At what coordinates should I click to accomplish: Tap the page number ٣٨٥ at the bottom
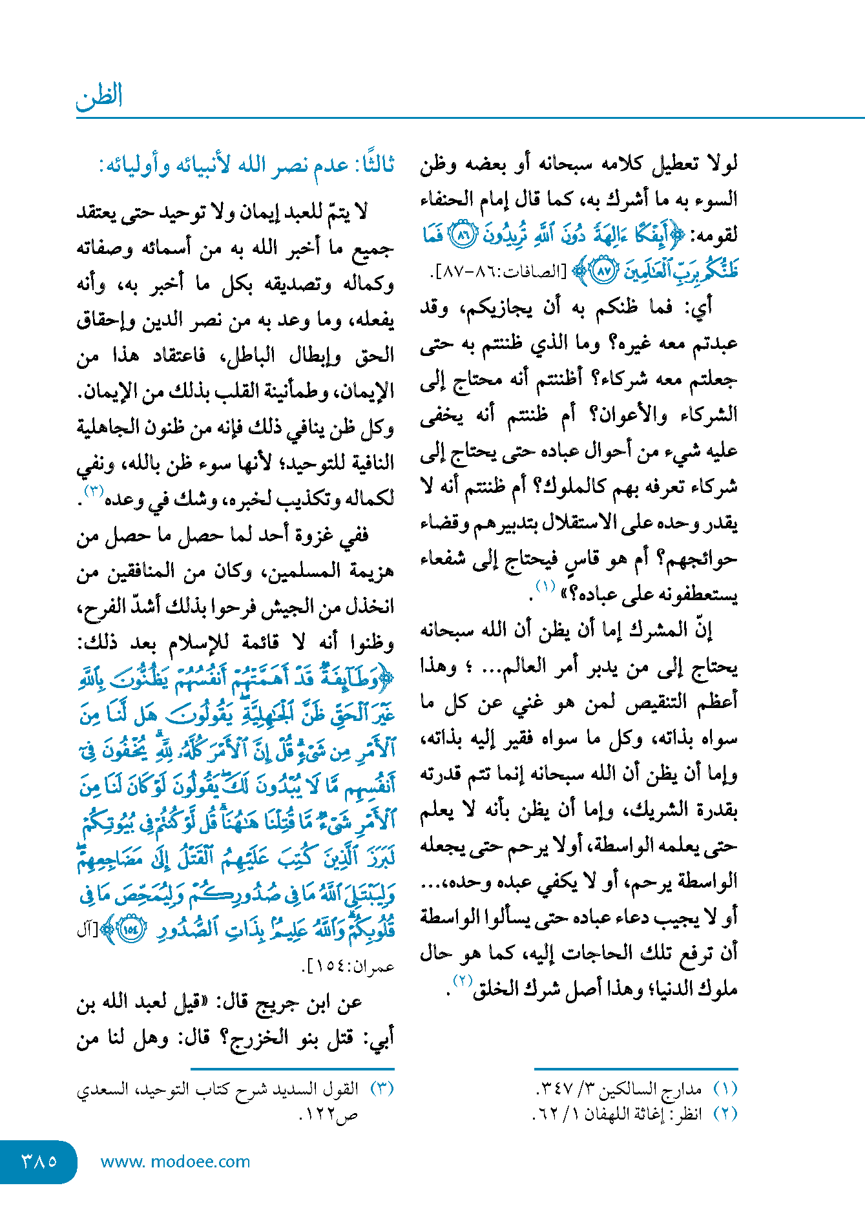[x=39, y=1162]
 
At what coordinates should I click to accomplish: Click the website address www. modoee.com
[x=175, y=1162]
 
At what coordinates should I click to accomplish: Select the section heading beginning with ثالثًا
[x=246, y=166]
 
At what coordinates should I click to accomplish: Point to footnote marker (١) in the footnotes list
[x=725, y=1089]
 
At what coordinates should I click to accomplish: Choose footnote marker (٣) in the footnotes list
[x=382, y=1089]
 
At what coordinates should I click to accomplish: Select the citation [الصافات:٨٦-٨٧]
[x=501, y=272]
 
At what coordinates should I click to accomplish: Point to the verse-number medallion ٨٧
[x=603, y=271]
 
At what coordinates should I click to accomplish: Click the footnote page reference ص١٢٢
[x=329, y=1114]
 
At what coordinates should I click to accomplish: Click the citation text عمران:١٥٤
[x=349, y=967]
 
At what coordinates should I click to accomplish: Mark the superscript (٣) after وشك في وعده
[x=94, y=490]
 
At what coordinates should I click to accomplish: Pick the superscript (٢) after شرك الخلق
[x=463, y=980]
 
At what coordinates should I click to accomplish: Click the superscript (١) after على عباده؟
[x=545, y=587]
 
